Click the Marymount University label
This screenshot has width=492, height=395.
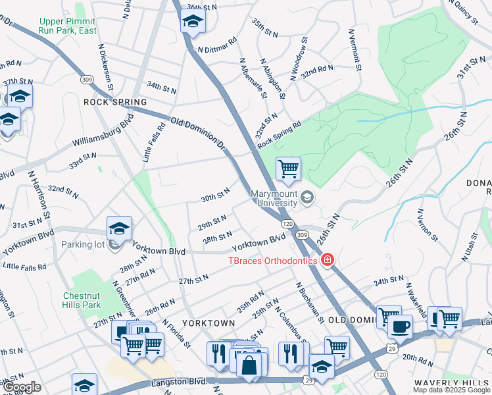(x=274, y=197)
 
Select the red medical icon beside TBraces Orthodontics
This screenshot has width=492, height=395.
(x=327, y=260)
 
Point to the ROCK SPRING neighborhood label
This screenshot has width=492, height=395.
(x=115, y=102)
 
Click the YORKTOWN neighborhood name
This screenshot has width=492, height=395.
(x=209, y=323)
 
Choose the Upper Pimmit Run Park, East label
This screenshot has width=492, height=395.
(x=68, y=26)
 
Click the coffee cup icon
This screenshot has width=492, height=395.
(x=399, y=326)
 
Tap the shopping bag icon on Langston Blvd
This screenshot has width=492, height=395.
(x=249, y=365)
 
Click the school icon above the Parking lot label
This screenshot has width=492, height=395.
(x=119, y=228)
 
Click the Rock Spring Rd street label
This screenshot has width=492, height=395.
(x=280, y=134)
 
